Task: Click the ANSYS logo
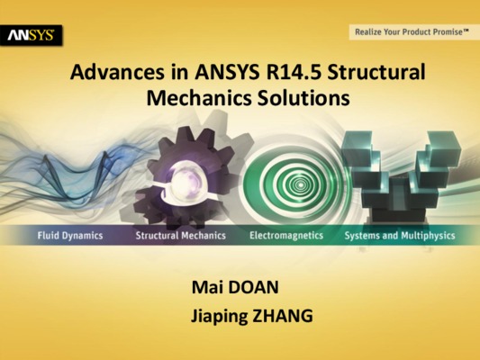coord(31,35)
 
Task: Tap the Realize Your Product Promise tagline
coord(412,31)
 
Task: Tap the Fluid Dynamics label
coord(70,236)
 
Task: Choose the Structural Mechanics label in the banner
coord(181,236)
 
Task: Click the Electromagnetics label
coord(286,235)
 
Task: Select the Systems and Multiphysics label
coord(400,236)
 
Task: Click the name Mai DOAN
coord(235,287)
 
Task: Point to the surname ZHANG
coord(282,316)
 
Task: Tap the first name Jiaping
coord(219,317)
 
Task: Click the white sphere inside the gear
coord(185,179)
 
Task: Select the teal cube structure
coord(401,175)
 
